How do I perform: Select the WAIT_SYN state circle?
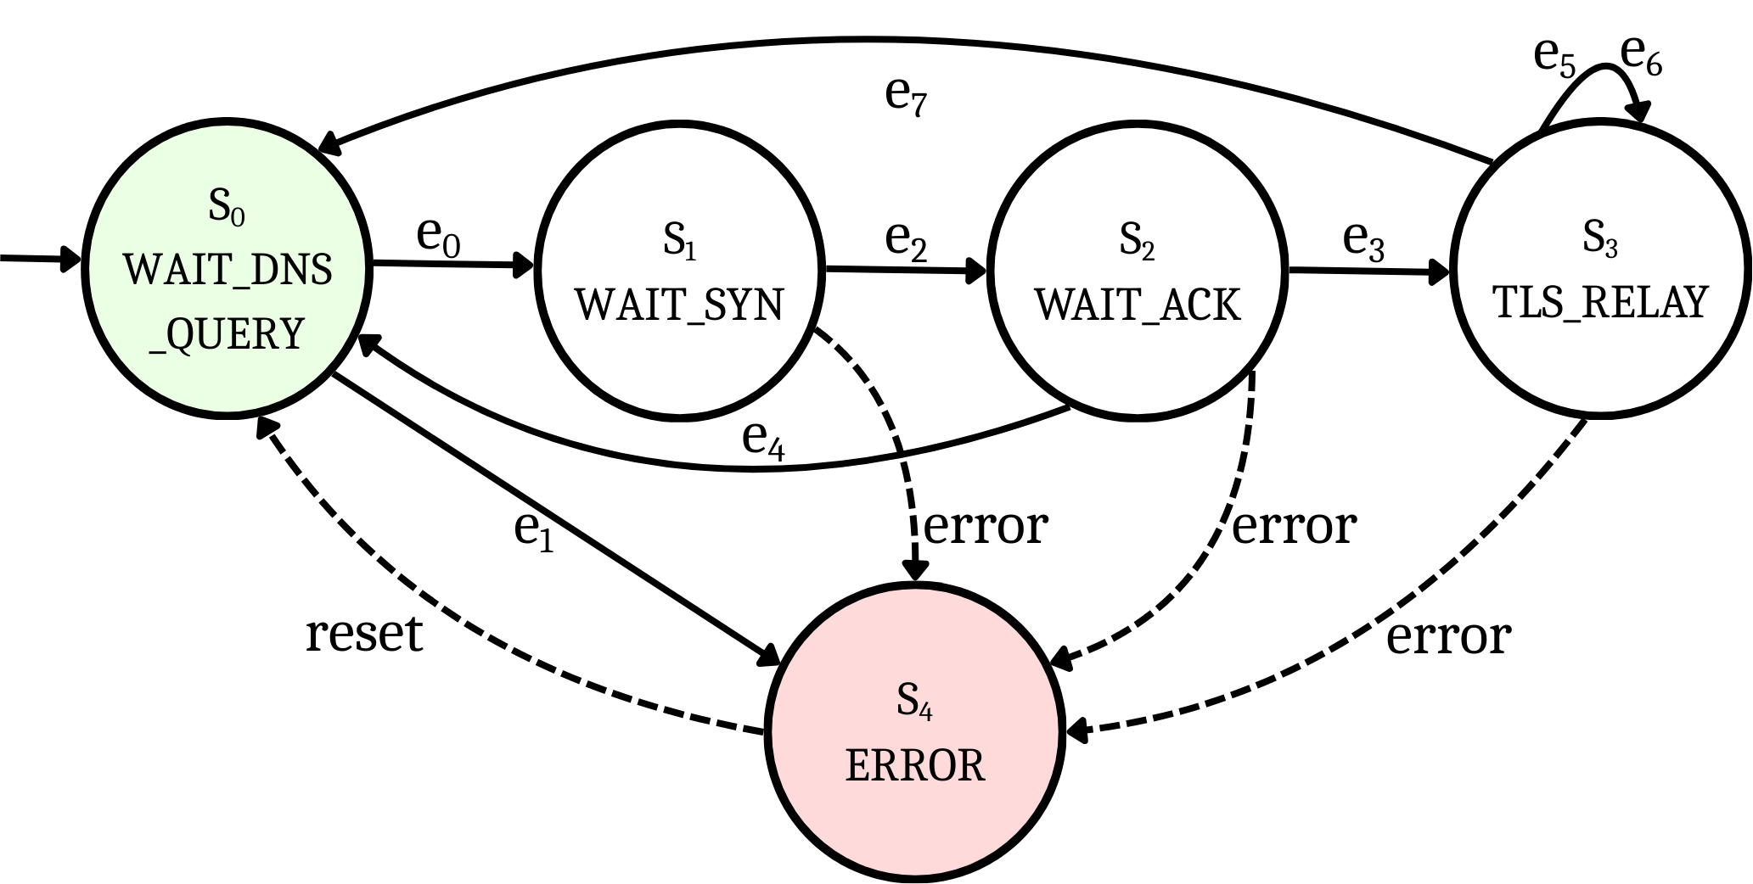[679, 271]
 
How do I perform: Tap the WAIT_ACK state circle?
[1138, 271]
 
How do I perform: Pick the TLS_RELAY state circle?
[1600, 271]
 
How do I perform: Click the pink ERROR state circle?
[914, 731]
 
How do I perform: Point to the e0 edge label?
[438, 238]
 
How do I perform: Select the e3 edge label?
[1363, 241]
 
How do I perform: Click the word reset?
[363, 633]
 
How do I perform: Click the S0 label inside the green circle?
[227, 206]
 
